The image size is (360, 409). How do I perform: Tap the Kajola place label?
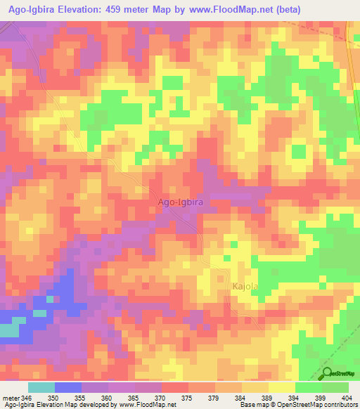246,287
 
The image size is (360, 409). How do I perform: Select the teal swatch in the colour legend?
41,387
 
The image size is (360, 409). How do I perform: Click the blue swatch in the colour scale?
67,387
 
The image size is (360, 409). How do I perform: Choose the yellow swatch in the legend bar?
281,387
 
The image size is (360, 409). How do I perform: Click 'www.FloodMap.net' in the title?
226,10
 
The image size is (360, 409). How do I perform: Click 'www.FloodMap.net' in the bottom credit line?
146,405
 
